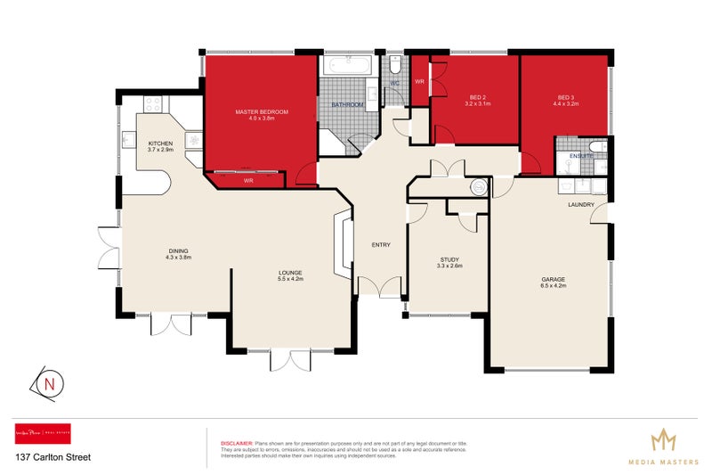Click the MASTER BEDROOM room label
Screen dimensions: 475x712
point(262,111)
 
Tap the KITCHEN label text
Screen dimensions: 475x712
point(160,143)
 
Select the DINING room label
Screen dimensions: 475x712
point(178,250)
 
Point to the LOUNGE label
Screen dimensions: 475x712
point(290,273)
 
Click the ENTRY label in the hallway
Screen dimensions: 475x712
point(382,244)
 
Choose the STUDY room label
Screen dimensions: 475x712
point(449,259)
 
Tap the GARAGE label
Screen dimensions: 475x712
point(553,280)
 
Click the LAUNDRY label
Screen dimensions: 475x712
point(581,205)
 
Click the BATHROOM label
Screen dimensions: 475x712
point(347,105)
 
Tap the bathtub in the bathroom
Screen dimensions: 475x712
point(348,67)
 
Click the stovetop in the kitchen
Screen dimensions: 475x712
point(151,104)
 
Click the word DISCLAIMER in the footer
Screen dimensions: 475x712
point(236,443)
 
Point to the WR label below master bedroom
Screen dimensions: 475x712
point(249,181)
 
